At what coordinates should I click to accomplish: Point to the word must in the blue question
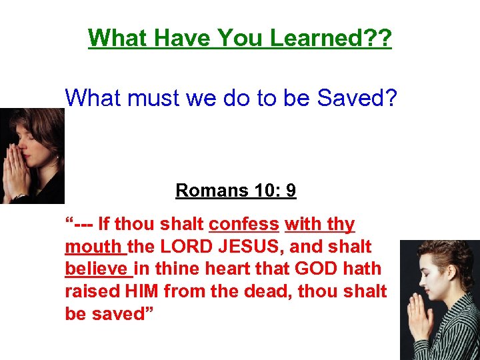coord(155,98)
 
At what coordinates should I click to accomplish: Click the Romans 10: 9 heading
coord(236,191)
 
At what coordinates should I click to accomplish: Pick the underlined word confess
coord(244,225)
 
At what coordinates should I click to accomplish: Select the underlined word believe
coord(97,269)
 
